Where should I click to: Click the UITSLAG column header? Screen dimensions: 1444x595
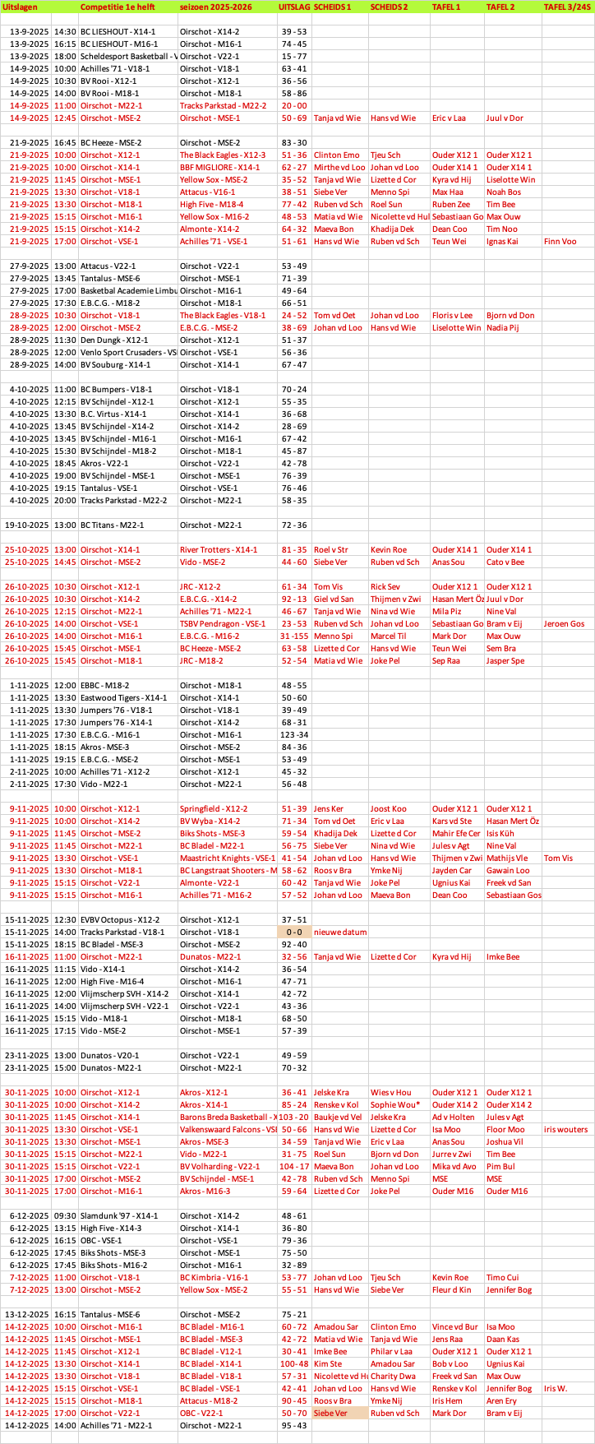294,7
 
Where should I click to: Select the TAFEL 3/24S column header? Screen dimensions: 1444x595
567,7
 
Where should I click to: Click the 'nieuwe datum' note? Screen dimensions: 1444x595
340,932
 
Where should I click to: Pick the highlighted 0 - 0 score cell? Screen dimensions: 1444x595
294,932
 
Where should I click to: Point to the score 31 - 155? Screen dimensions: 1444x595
294,636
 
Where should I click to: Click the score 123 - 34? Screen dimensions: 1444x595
294,734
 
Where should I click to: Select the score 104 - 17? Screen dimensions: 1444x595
294,1166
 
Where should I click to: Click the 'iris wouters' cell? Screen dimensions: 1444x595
565,1129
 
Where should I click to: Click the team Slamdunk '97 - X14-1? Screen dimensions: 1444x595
118,1215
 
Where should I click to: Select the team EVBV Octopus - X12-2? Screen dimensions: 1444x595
120,919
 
